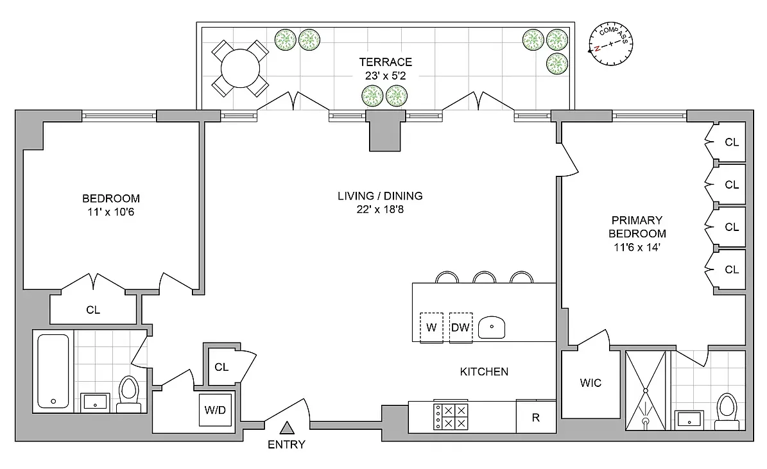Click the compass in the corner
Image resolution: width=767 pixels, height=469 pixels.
(x=610, y=44)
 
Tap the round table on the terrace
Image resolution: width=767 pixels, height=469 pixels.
(x=240, y=69)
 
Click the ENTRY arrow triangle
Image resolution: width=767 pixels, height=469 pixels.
(x=287, y=428)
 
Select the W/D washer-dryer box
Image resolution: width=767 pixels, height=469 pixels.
(x=215, y=409)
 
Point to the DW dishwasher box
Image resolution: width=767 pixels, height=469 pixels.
(x=460, y=327)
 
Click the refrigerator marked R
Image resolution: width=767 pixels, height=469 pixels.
(x=536, y=416)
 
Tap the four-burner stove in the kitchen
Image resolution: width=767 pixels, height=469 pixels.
(x=451, y=416)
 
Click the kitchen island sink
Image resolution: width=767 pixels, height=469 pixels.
(x=492, y=327)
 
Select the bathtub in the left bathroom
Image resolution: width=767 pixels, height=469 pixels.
(x=53, y=371)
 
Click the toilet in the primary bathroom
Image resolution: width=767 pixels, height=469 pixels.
(x=727, y=412)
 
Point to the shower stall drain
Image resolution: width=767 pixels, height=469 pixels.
(x=646, y=421)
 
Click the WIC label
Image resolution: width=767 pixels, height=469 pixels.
(x=590, y=383)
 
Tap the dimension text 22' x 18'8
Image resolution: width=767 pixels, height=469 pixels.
(x=380, y=209)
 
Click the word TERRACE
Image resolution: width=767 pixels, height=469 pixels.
(x=386, y=62)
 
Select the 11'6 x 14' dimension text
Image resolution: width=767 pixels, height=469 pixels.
(x=637, y=247)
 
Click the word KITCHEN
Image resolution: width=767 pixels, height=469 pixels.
(x=484, y=371)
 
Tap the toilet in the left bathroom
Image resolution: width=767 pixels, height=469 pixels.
(x=129, y=394)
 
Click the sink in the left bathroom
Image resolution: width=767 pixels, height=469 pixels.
(x=95, y=402)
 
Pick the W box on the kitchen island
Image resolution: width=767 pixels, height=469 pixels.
(x=431, y=327)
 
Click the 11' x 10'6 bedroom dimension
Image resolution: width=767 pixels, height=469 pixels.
(x=110, y=212)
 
